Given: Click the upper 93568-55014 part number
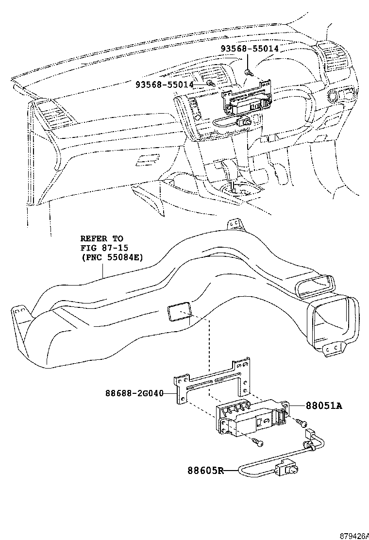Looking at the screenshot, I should click(x=250, y=49).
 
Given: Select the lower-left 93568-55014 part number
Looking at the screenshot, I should click(x=165, y=84).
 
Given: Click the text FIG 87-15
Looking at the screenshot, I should click(x=102, y=248).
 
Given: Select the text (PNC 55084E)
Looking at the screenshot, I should click(x=112, y=257).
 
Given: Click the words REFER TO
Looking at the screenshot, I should click(x=101, y=239).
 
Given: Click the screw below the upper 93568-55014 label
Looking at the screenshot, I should click(x=249, y=71).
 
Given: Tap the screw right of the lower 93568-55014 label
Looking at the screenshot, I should click(x=211, y=84).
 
